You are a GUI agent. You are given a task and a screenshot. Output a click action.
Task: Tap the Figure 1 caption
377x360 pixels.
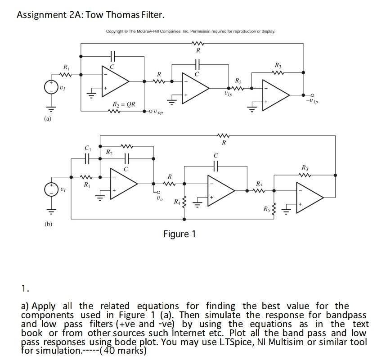180,234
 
